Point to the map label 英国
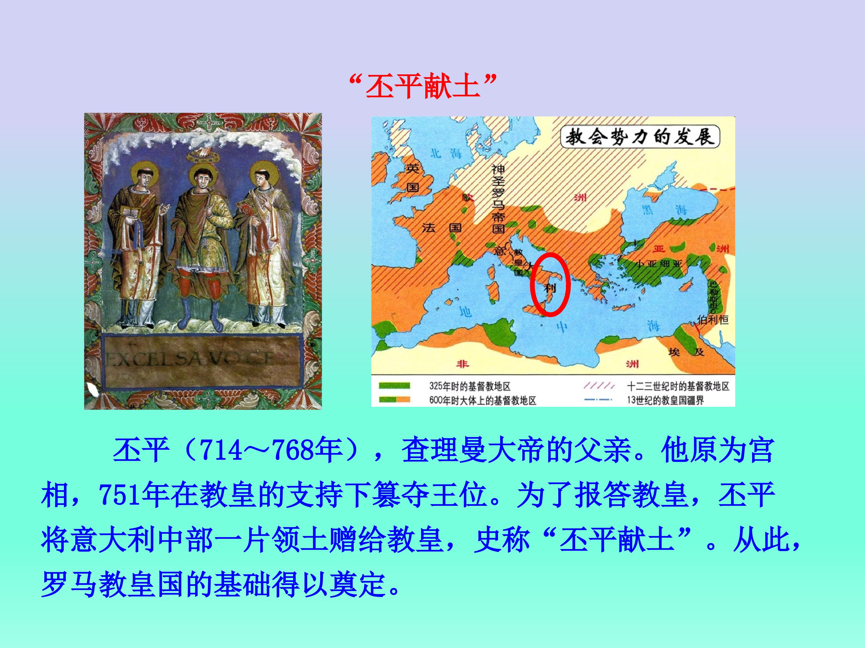413,178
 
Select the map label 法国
442,228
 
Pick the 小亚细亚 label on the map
659,264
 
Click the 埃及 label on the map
686,352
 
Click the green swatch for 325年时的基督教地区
394,386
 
